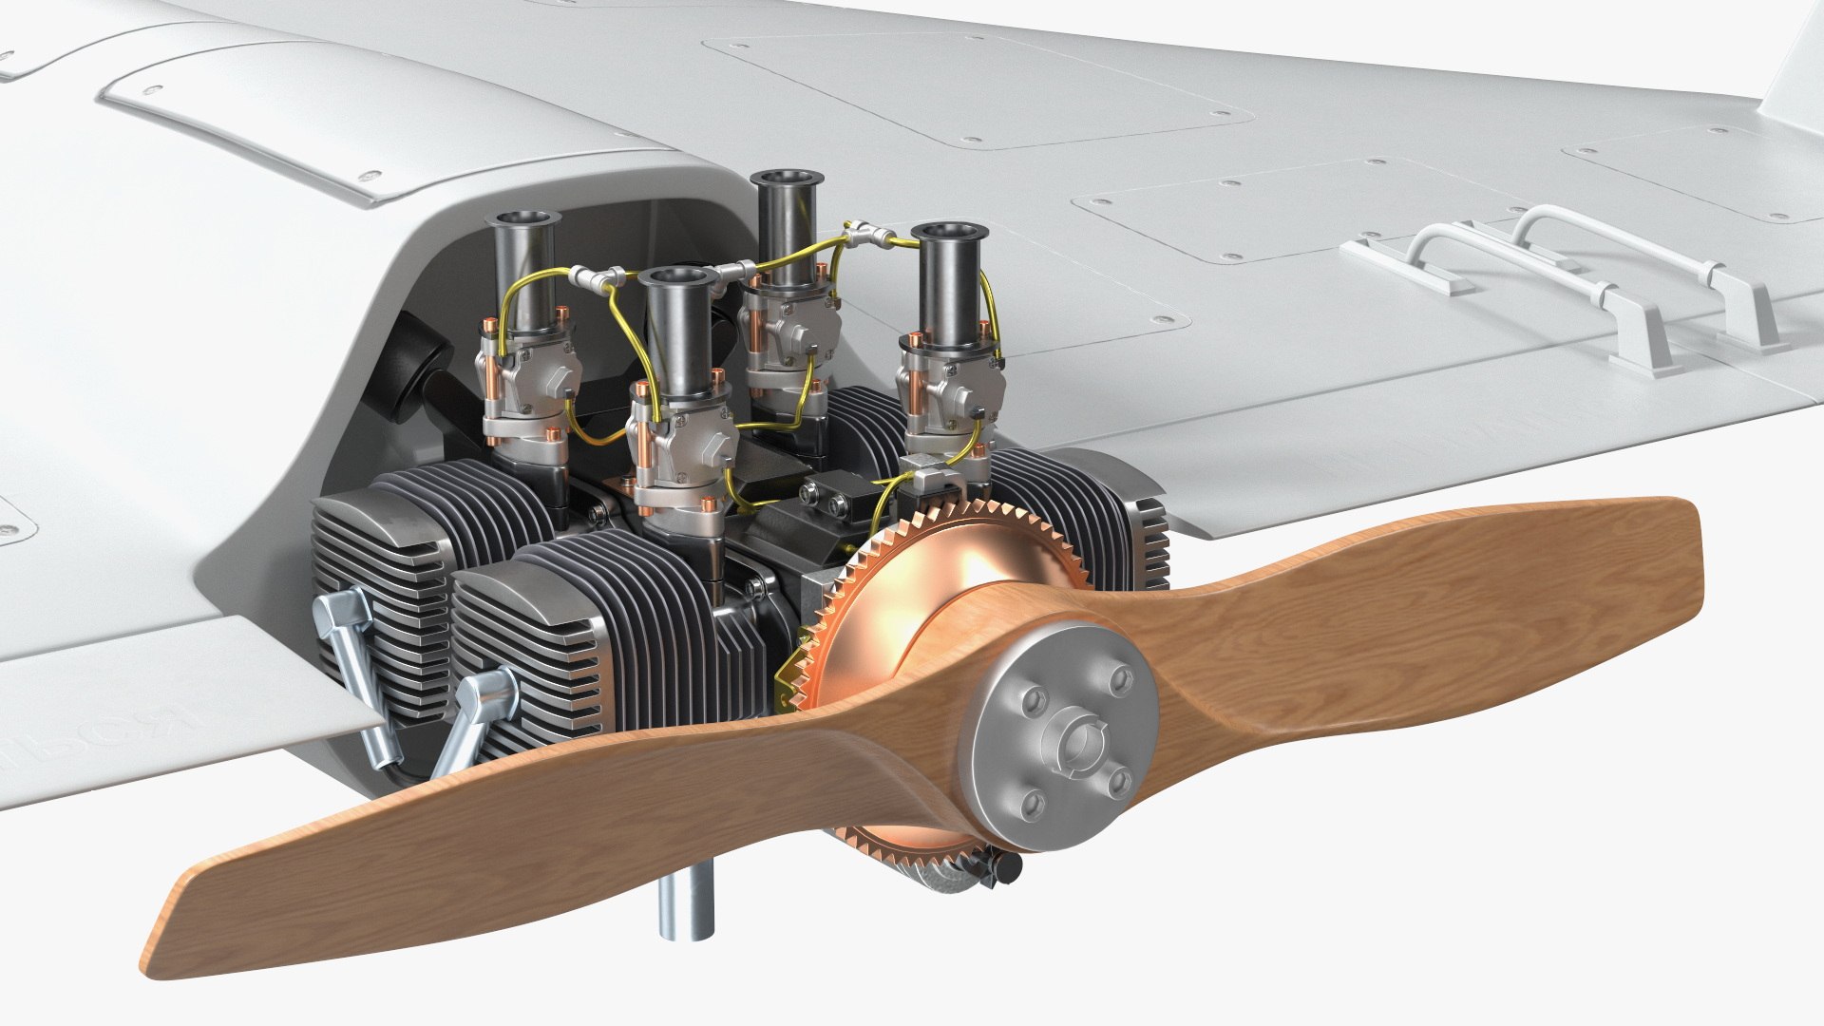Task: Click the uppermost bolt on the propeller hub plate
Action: (1120, 677)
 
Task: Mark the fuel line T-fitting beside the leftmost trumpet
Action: (596, 276)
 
